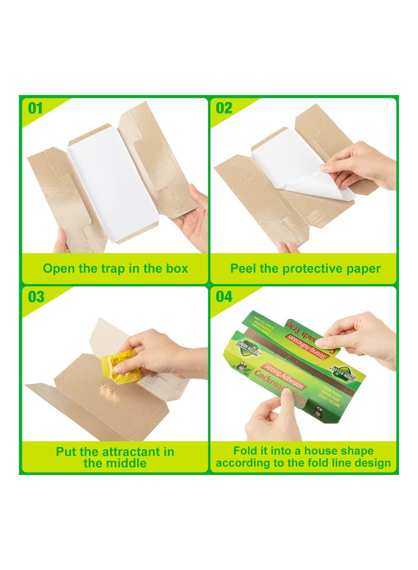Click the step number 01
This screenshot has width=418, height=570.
click(x=35, y=108)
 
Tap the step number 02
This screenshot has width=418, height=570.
click(x=224, y=108)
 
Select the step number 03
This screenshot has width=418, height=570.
click(x=36, y=297)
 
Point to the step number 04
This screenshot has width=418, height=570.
click(x=224, y=297)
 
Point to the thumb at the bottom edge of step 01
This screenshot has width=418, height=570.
click(x=62, y=243)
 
